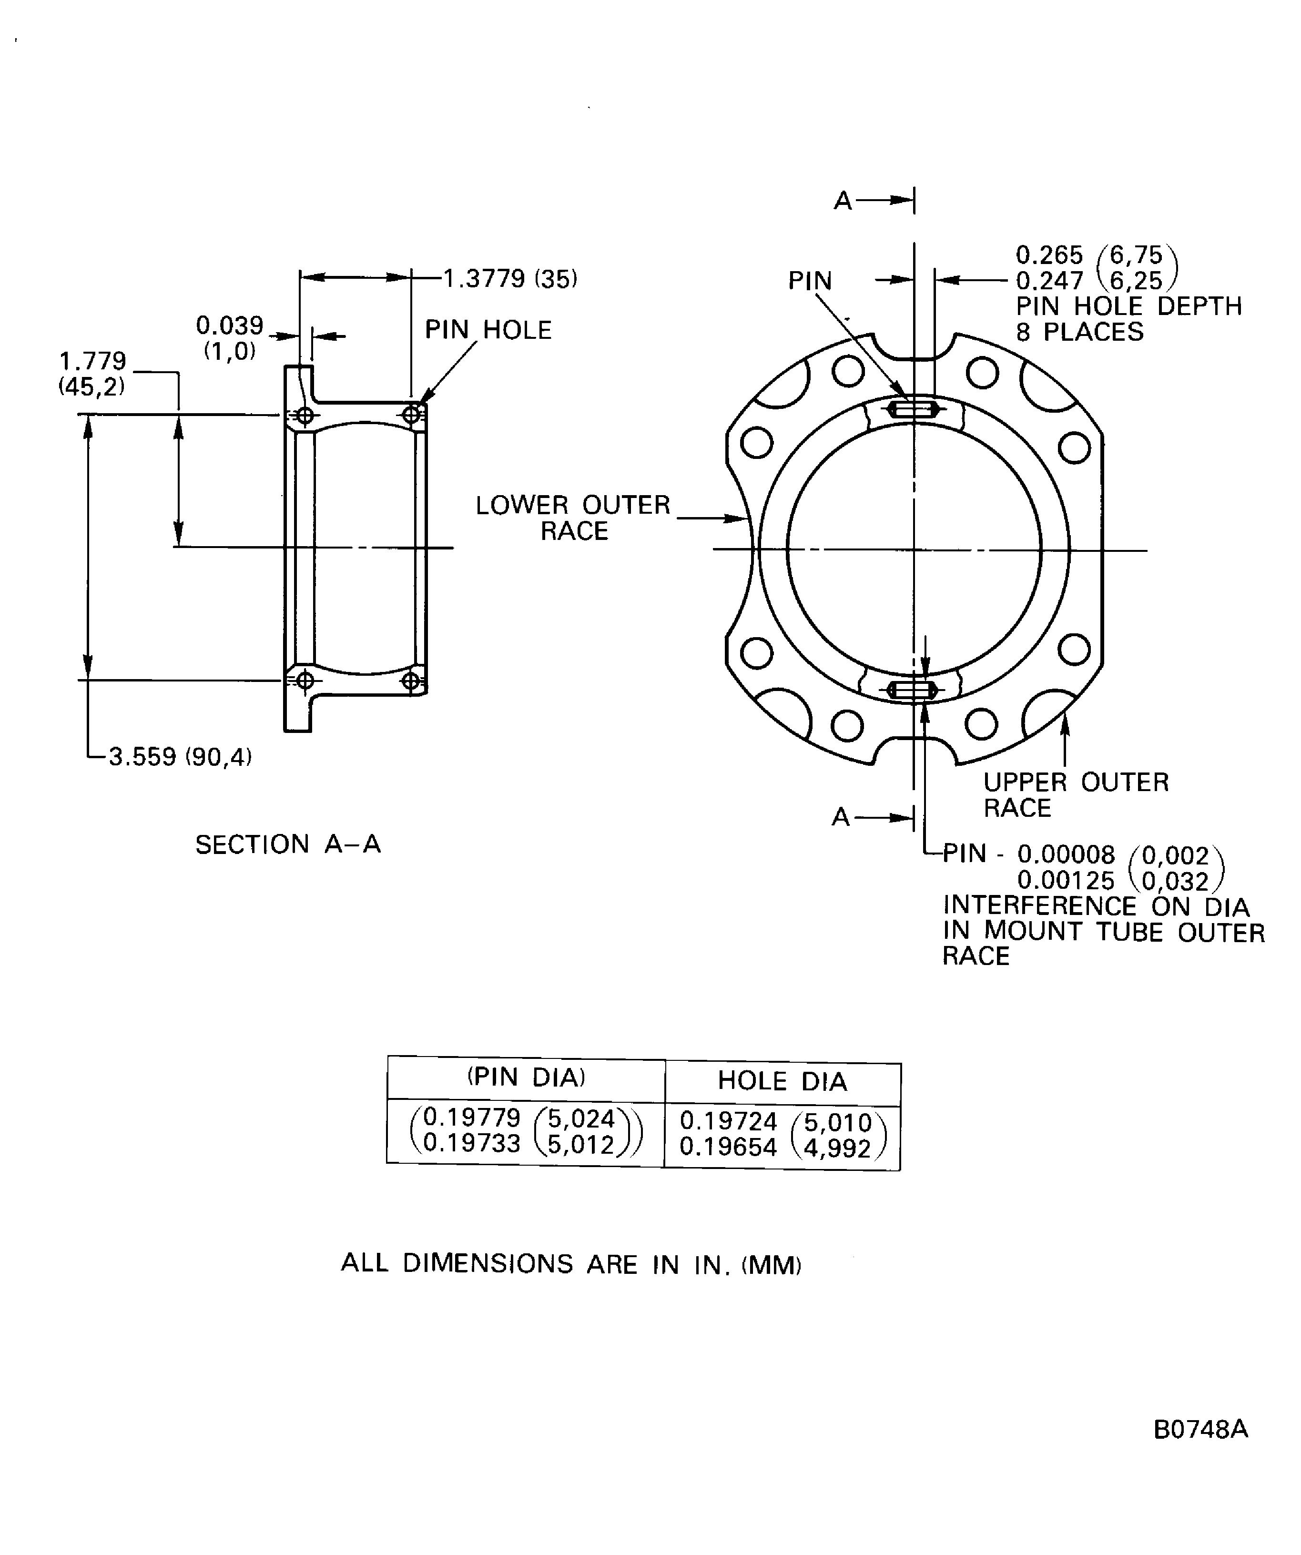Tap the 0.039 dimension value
click(x=230, y=325)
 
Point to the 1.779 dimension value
click(x=92, y=361)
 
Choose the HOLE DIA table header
click(x=782, y=1081)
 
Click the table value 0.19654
click(x=729, y=1147)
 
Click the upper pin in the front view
click(x=913, y=409)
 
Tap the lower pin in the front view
click(x=912, y=690)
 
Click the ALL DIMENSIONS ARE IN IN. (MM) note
click(x=571, y=1264)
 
